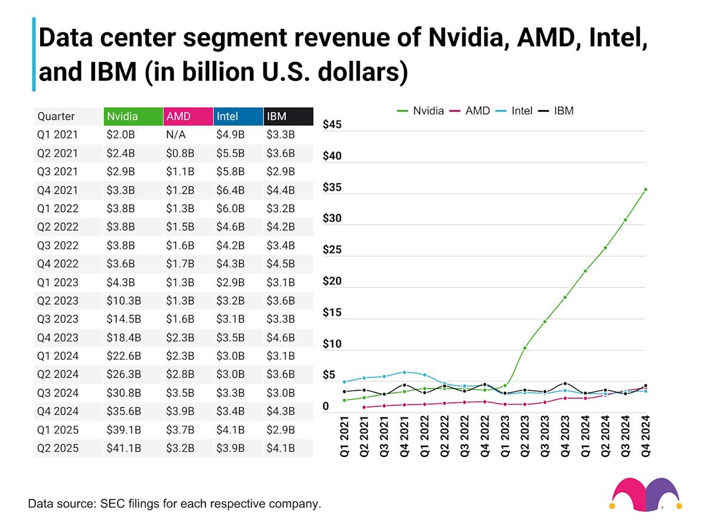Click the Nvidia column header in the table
point(132,116)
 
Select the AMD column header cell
point(187,116)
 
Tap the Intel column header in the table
point(238,116)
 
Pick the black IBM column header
point(288,116)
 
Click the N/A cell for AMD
point(175,135)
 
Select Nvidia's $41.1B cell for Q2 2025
point(124,448)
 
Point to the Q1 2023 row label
point(57,282)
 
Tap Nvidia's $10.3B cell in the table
point(124,300)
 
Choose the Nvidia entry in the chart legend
point(420,111)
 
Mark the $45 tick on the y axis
point(332,125)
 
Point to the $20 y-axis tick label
point(332,281)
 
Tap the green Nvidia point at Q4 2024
point(646,190)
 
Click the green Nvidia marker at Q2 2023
point(525,348)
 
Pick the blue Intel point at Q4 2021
point(405,372)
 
